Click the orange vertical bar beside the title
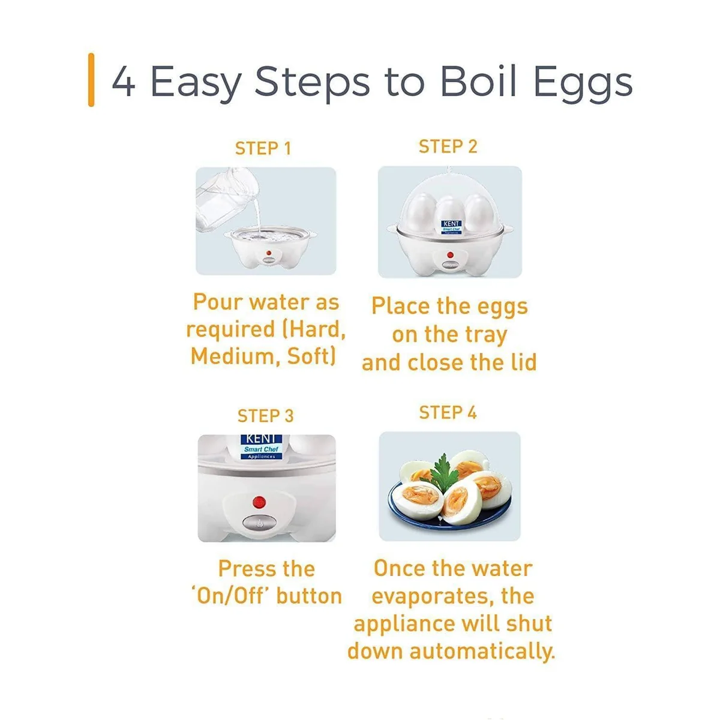point(91,80)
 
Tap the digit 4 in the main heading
point(124,81)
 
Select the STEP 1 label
point(263,148)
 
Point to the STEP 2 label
point(448,146)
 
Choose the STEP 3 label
point(266,416)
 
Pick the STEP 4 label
point(448,412)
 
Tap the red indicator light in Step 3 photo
point(259,502)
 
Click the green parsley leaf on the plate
point(444,472)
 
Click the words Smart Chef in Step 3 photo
point(261,449)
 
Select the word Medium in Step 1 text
point(235,356)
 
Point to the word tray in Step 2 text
point(486,336)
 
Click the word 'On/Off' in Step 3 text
point(230,596)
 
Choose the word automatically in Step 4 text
point(482,652)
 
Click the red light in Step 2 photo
point(450,255)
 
